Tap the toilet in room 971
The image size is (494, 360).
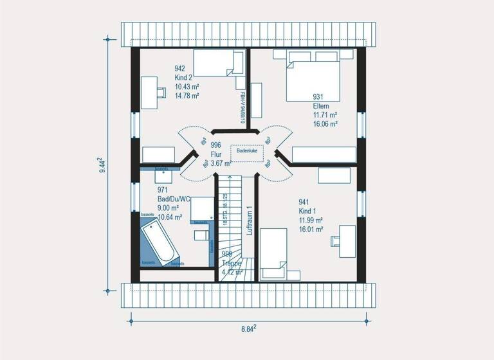pyautogui.click(x=200, y=235)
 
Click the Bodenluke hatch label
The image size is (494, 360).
pyautogui.click(x=246, y=150)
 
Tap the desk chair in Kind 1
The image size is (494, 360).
pyautogui.click(x=336, y=240)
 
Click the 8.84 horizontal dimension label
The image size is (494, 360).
pyautogui.click(x=248, y=328)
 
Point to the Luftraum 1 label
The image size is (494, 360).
pyautogui.click(x=250, y=222)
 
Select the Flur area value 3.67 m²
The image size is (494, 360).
pyautogui.click(x=221, y=163)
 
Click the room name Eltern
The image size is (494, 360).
pyautogui.click(x=321, y=105)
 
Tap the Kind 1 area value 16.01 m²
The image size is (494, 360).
pyautogui.click(x=311, y=229)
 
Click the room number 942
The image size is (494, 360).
pyautogui.click(x=180, y=68)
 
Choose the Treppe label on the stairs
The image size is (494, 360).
pyautogui.click(x=232, y=264)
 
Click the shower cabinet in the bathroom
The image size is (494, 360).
pyautogui.click(x=201, y=208)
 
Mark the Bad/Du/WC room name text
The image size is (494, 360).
pyautogui.click(x=174, y=199)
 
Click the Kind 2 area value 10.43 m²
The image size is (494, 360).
pyautogui.click(x=187, y=86)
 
